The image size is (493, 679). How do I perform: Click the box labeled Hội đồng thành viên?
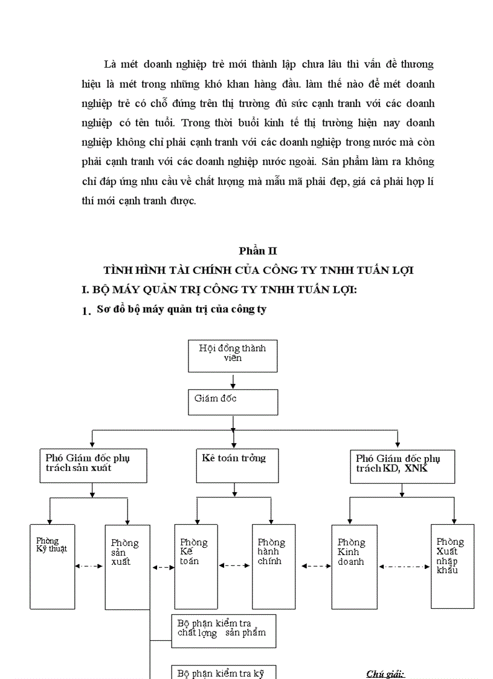coord(233,356)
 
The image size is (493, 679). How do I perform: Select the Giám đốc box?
coord(233,402)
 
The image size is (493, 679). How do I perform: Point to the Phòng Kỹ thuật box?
coord(53,566)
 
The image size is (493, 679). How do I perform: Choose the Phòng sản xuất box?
coord(127,567)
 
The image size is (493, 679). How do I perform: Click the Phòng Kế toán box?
coord(196,566)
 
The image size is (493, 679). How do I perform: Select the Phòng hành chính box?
coord(273,566)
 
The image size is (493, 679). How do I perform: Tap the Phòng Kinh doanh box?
coord(354,566)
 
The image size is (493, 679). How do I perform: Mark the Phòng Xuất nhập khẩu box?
coord(452,566)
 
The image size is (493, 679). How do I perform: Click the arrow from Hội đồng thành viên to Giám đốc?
coord(233,380)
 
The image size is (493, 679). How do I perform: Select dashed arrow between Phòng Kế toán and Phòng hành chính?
coord(234,566)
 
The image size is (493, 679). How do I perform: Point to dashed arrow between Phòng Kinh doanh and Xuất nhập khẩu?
coord(404,567)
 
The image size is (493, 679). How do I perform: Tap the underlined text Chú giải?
coord(385,674)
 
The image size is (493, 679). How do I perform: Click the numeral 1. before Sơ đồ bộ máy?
coord(86,311)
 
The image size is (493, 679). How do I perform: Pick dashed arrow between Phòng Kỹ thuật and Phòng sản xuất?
coord(89,566)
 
